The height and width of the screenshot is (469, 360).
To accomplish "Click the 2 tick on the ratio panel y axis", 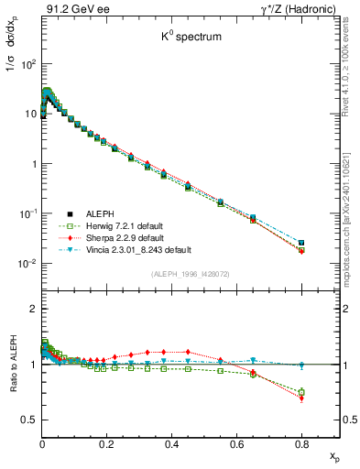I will tap(33, 309).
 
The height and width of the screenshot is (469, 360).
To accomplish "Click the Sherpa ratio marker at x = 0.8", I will tap(301, 398).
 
